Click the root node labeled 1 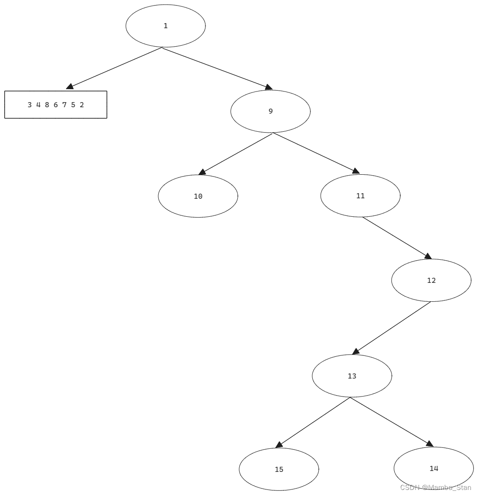[165, 26]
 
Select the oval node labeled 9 [270, 111]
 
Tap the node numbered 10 [198, 196]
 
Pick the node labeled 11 [360, 196]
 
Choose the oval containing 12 [431, 281]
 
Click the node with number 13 [352, 376]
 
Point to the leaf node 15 [279, 469]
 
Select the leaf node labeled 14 [434, 468]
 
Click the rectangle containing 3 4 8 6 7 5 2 [56, 105]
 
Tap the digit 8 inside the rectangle [47, 105]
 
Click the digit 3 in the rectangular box [30, 105]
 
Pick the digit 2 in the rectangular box [81, 105]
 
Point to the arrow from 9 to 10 [236, 154]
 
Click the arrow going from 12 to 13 [391, 328]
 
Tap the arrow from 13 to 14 [391, 422]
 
